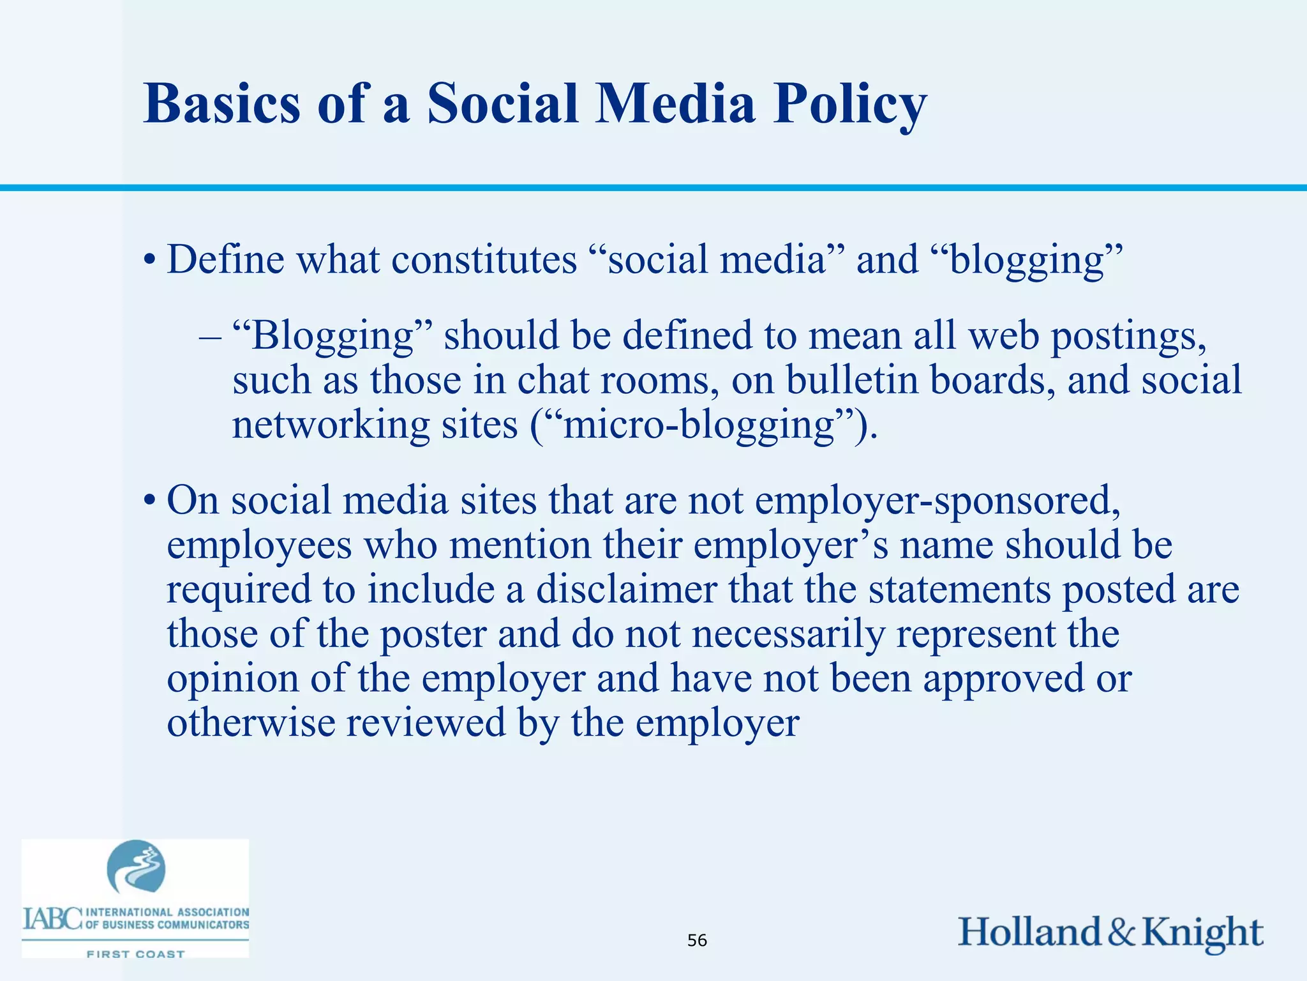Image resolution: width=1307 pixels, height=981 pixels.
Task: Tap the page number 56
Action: (697, 940)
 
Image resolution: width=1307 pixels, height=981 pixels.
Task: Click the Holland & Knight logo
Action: (1110, 932)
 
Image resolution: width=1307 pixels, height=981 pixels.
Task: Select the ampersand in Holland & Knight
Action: (1121, 932)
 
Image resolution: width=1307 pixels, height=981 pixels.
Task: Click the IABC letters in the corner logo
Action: (52, 919)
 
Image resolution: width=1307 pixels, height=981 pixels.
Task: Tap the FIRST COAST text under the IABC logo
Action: (135, 954)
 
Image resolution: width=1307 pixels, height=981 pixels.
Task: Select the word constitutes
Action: (484, 261)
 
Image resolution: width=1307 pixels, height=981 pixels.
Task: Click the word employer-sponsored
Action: (937, 501)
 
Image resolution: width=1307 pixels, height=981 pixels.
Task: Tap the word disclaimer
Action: (626, 589)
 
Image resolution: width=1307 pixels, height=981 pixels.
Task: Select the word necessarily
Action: (789, 634)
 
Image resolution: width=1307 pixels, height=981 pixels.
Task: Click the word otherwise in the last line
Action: (251, 723)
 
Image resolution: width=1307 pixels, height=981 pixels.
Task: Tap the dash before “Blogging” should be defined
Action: (209, 337)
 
